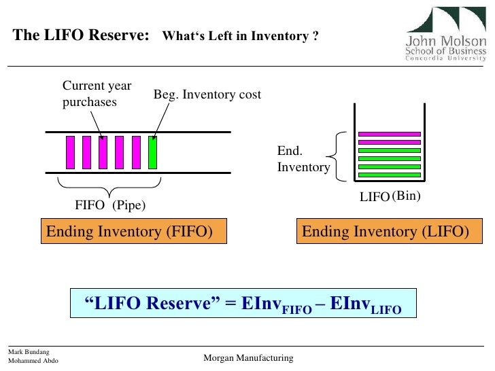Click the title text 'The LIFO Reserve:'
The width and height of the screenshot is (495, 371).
81,36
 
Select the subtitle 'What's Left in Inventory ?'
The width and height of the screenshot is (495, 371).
240,37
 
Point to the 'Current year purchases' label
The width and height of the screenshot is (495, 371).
97,94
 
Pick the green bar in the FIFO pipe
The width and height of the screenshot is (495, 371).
153,152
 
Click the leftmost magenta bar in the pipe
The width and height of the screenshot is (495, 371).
70,152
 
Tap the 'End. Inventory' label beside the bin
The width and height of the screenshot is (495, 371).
303,160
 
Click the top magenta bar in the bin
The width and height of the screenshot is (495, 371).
390,133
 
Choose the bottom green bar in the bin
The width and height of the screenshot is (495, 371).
390,175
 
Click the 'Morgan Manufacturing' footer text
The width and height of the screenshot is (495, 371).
248,358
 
